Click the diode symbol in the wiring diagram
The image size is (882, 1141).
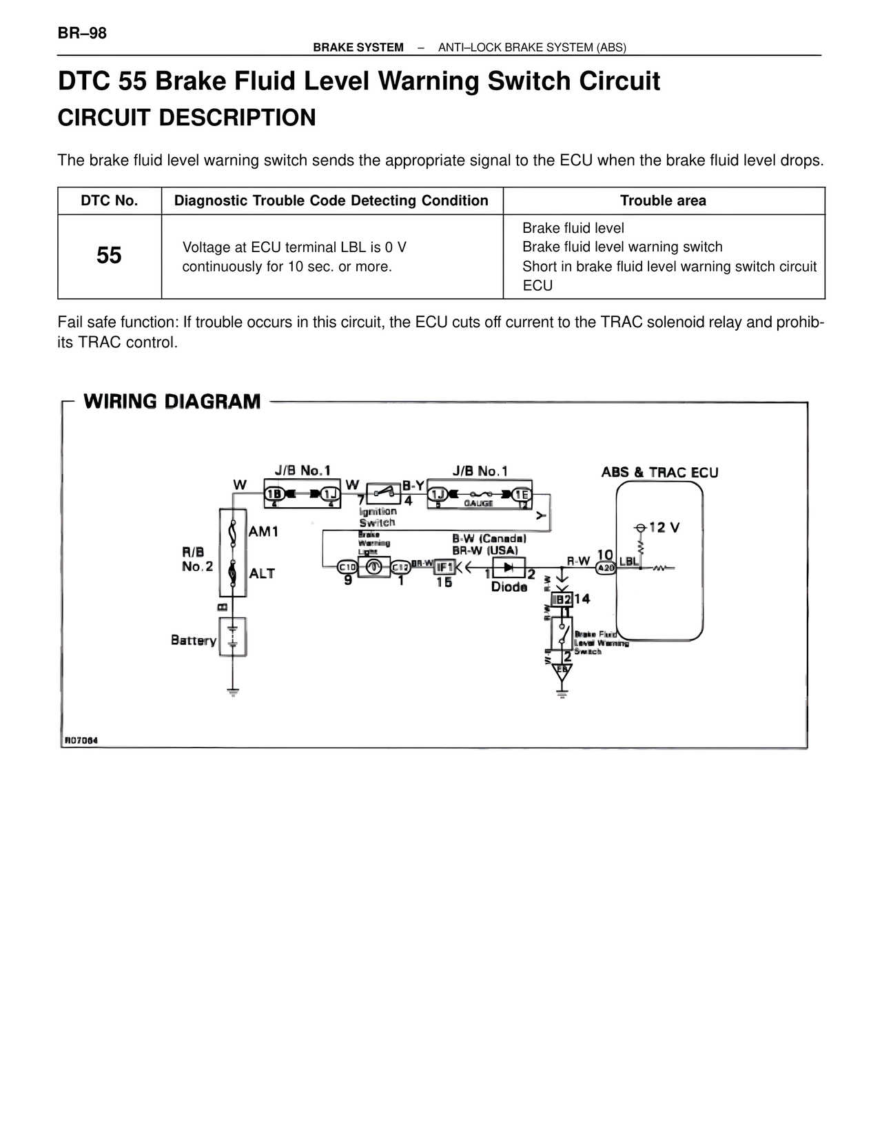pyautogui.click(x=509, y=567)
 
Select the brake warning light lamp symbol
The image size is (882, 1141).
pyautogui.click(x=373, y=567)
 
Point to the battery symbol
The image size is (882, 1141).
pyautogui.click(x=232, y=636)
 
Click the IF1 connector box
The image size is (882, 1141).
pyautogui.click(x=444, y=567)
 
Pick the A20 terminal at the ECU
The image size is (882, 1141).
pyautogui.click(x=605, y=568)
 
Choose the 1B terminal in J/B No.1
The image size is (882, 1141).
pyautogui.click(x=275, y=493)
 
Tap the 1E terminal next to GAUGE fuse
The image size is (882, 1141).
pyautogui.click(x=522, y=493)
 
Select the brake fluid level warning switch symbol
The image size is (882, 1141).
pyautogui.click(x=562, y=632)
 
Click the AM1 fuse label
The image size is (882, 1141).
pyautogui.click(x=263, y=531)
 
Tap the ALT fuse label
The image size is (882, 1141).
pyautogui.click(x=262, y=573)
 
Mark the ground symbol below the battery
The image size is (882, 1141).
pyautogui.click(x=233, y=691)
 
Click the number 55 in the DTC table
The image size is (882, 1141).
pyautogui.click(x=109, y=256)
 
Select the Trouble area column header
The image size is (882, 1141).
pyautogui.click(x=663, y=201)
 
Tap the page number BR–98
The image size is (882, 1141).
pyautogui.click(x=82, y=33)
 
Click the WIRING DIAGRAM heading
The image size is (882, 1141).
pyautogui.click(x=172, y=402)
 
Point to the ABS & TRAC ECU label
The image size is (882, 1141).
pyautogui.click(x=659, y=473)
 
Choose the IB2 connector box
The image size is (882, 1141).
pyautogui.click(x=562, y=599)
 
